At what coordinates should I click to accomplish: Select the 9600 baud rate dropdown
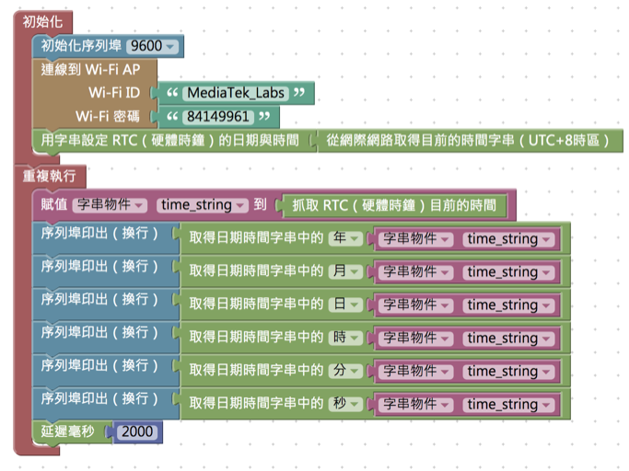pos(154,46)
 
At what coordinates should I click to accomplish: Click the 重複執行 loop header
pos(50,175)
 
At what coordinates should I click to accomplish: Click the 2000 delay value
pos(136,431)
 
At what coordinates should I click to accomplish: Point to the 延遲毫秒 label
pos(70,431)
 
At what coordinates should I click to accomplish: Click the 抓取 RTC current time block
pos(394,205)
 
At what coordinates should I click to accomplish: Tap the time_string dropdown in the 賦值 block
pos(203,205)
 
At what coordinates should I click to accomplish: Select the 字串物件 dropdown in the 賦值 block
pos(110,205)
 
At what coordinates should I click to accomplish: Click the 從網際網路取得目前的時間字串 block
pos(470,141)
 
